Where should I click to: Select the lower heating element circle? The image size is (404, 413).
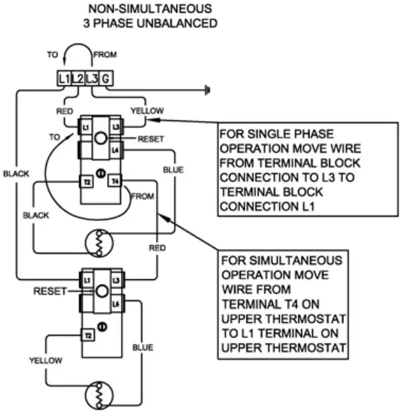click(x=97, y=398)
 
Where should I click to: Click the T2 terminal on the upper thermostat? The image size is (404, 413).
click(x=86, y=181)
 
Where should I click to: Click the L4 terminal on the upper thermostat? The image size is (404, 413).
click(x=115, y=151)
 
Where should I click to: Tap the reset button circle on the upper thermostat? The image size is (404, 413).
click(x=100, y=139)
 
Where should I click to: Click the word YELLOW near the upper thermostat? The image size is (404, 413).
click(x=146, y=110)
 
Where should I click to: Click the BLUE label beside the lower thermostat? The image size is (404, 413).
click(x=142, y=347)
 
